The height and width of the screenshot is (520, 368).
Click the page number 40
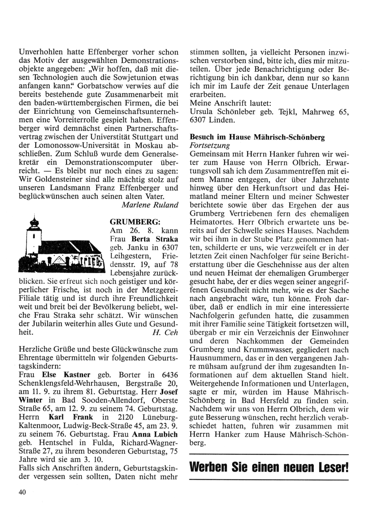pyautogui.click(x=22, y=494)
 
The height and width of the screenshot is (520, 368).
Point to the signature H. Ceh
pyautogui.click(x=165, y=333)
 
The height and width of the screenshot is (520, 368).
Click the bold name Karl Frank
pyautogui.click(x=71, y=417)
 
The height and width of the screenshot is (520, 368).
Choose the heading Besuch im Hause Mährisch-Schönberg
pyautogui.click(x=257, y=137)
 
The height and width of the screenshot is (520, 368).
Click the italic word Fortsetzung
pyautogui.click(x=209, y=146)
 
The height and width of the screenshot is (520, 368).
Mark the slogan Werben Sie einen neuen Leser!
pyautogui.click(x=268, y=468)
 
